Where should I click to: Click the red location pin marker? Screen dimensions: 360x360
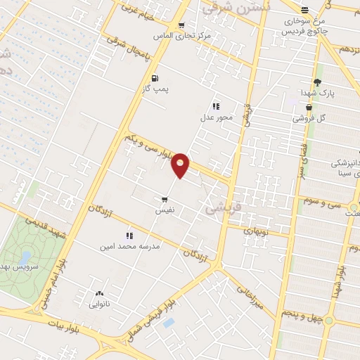(x=181, y=165)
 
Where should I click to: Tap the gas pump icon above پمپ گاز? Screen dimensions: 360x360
(x=155, y=79)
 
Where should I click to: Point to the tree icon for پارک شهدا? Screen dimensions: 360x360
(x=317, y=82)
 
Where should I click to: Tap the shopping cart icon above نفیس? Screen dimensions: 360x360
(x=165, y=200)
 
